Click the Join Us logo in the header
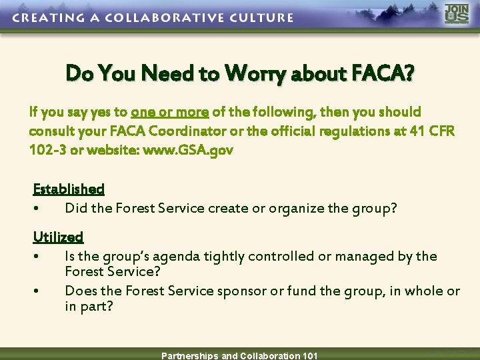pyautogui.click(x=457, y=15)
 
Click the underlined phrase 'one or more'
pyautogui.click(x=170, y=111)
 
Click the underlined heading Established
pyautogui.click(x=69, y=189)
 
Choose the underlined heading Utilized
pyautogui.click(x=58, y=237)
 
